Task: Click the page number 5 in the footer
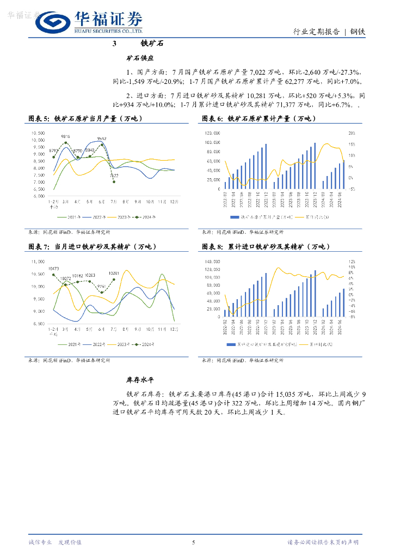coord(193,542)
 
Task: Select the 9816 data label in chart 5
coord(65,137)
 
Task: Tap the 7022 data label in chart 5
coord(114,175)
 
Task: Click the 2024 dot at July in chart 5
coord(114,181)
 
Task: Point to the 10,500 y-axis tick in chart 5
coord(38,133)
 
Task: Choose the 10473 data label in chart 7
coord(53,269)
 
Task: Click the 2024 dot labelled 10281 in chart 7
coord(114,280)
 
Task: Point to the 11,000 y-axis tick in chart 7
coord(38,262)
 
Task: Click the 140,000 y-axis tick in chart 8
coord(212,262)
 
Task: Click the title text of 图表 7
coord(93,247)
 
